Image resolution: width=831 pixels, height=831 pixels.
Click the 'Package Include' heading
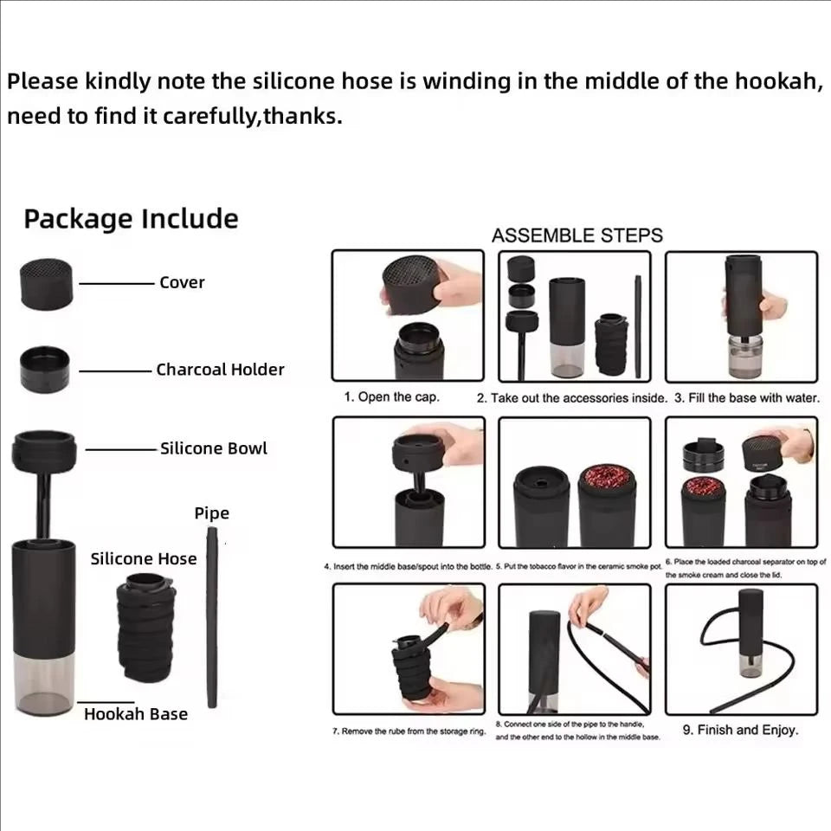(131, 219)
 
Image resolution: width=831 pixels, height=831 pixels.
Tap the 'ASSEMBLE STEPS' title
(577, 235)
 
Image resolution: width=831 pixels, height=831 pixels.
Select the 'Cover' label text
(182, 282)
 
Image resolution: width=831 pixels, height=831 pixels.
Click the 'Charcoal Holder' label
(220, 370)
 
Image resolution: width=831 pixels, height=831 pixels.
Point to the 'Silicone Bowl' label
(213, 448)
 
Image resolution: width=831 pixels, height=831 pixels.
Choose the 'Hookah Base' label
(135, 714)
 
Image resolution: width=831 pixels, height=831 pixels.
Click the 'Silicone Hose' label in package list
(144, 558)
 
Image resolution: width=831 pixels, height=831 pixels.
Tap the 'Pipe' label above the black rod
(211, 513)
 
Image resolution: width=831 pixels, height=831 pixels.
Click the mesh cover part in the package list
(47, 282)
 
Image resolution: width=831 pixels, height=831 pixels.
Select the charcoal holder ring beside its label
(46, 370)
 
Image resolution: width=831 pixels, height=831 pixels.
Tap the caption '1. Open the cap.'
(391, 397)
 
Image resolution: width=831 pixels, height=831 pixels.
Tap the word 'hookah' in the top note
(776, 82)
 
